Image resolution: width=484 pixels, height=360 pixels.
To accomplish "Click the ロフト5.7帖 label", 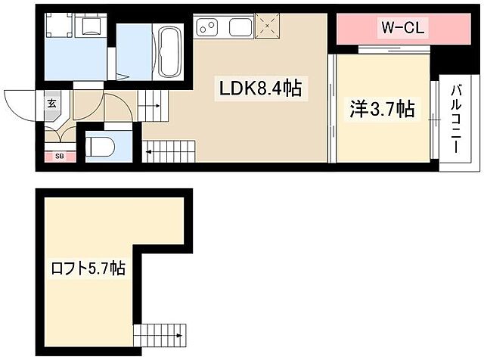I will tap(88, 268).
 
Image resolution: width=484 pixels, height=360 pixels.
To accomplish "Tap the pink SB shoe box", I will tap(58, 157).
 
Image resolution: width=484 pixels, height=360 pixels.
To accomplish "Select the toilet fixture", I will tap(98, 145).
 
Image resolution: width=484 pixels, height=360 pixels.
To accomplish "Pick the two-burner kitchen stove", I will tap(206, 28).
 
